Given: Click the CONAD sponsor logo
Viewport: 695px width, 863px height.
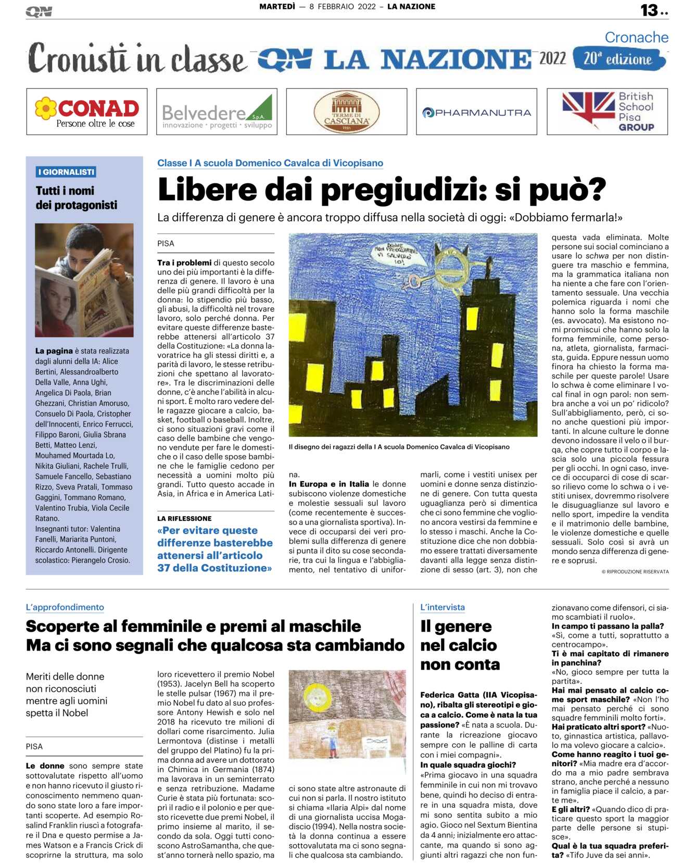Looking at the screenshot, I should pyautogui.click(x=87, y=111).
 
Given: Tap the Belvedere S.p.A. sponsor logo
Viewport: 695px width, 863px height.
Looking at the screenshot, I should pyautogui.click(x=217, y=111).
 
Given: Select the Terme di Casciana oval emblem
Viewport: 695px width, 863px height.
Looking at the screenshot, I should pyautogui.click(x=346, y=111).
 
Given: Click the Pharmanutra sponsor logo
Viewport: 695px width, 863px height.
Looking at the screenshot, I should pyautogui.click(x=476, y=112).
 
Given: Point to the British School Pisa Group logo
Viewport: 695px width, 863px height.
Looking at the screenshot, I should pyautogui.click(x=607, y=111).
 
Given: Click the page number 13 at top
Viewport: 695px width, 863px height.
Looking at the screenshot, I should pyautogui.click(x=650, y=10).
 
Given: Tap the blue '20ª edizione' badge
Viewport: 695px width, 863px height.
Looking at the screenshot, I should pyautogui.click(x=618, y=59).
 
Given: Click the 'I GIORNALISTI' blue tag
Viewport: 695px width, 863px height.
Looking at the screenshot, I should pyautogui.click(x=66, y=172).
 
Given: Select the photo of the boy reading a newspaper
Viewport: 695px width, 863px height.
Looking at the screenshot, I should pyautogui.click(x=84, y=280).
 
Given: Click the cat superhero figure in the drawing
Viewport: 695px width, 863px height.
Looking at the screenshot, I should pyautogui.click(x=453, y=266).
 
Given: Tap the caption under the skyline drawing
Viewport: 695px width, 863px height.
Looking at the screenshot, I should pyautogui.click(x=399, y=447).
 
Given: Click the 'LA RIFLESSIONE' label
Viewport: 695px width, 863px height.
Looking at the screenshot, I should pyautogui.click(x=184, y=518).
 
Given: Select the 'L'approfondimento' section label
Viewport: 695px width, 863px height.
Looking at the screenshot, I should pyautogui.click(x=65, y=607).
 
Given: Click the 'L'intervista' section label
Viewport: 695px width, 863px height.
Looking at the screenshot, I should pyautogui.click(x=443, y=607).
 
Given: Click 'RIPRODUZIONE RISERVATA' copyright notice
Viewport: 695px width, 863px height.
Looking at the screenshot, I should pyautogui.click(x=635, y=571).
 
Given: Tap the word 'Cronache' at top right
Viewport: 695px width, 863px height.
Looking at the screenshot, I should pyautogui.click(x=636, y=37).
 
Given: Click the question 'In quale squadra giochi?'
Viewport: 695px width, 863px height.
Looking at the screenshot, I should pyautogui.click(x=467, y=765).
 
